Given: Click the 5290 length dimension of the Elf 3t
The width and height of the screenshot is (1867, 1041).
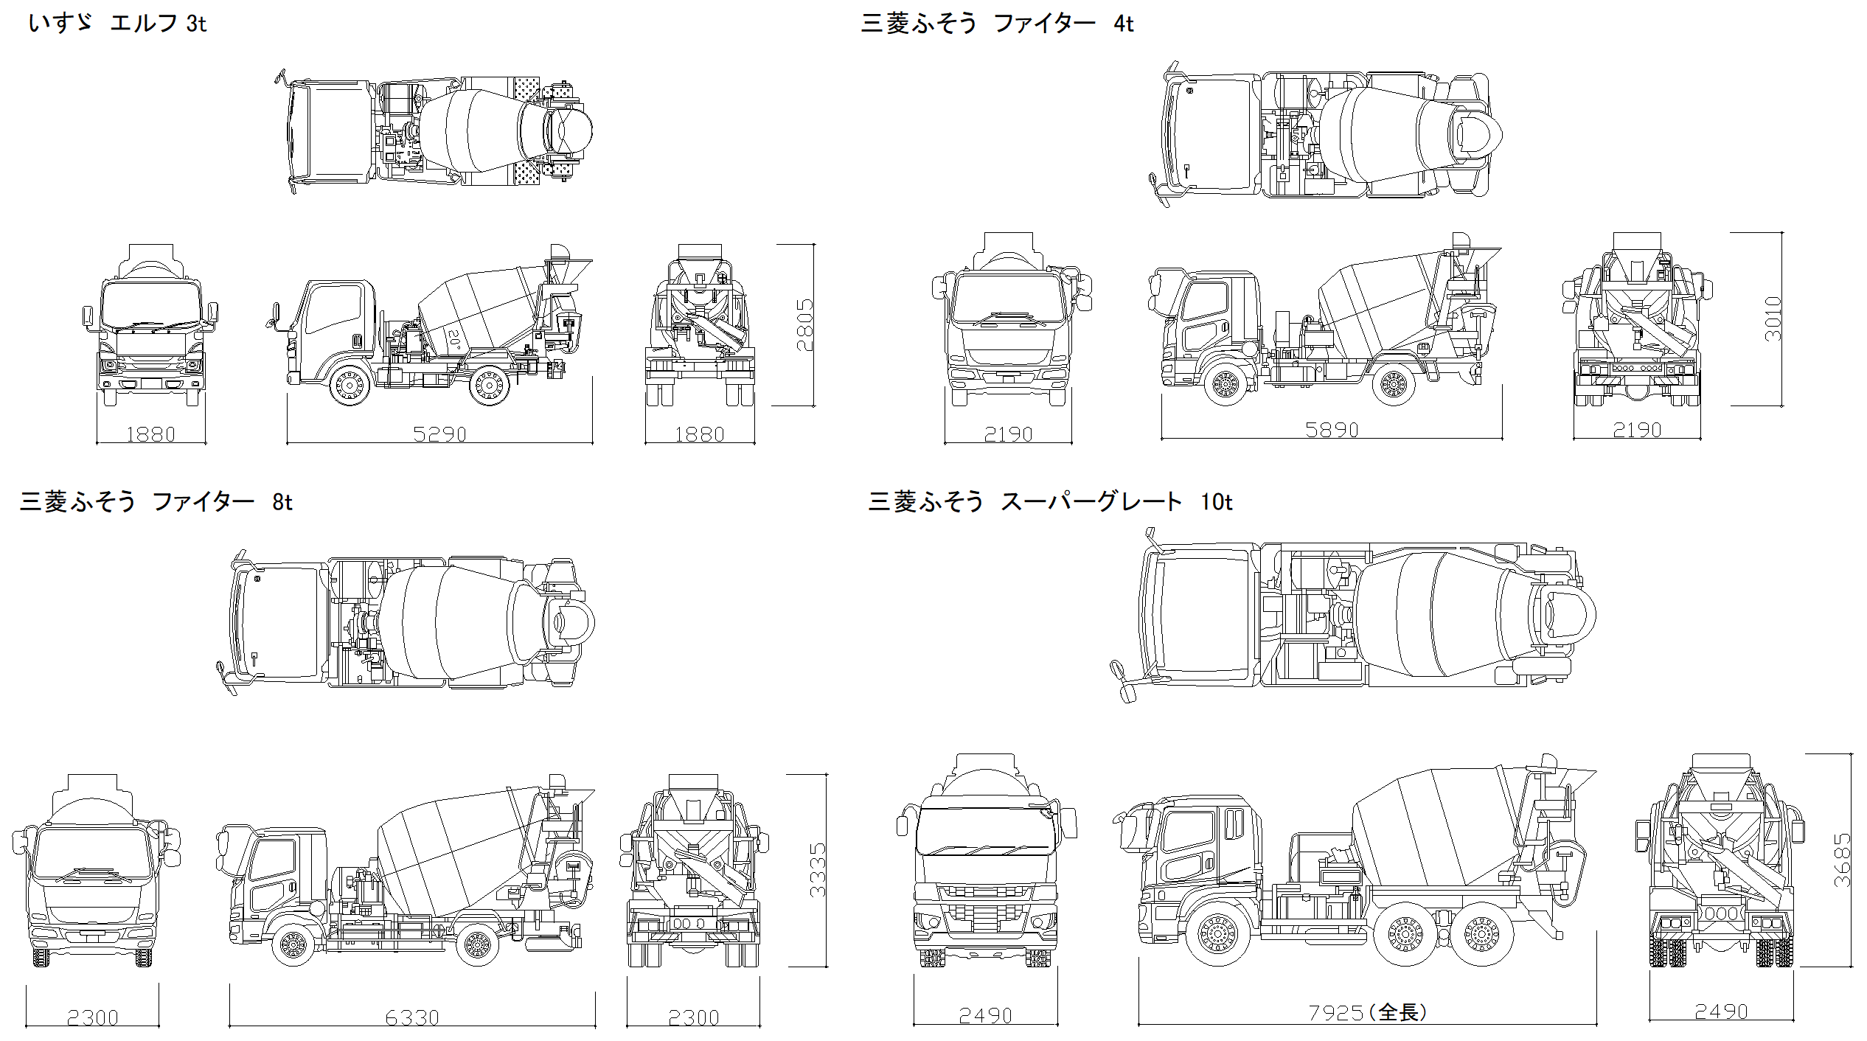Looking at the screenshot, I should [439, 434].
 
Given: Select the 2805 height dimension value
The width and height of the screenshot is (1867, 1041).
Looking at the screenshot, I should [804, 324].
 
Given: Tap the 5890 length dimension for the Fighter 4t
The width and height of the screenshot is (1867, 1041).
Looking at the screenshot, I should [1332, 430].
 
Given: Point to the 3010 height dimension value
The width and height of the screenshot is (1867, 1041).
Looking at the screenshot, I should [1773, 318].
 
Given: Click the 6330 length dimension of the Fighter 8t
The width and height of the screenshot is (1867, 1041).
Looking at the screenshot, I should [412, 1018].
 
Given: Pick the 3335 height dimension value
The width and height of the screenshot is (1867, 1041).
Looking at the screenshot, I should [817, 870].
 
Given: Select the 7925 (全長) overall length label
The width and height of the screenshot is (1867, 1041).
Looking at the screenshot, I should [1367, 1012].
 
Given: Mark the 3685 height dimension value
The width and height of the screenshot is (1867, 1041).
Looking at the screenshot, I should [1841, 860].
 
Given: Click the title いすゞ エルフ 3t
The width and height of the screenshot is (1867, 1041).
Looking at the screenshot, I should [117, 24].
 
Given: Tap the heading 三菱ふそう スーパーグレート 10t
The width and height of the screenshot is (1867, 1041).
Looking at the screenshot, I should [1050, 502].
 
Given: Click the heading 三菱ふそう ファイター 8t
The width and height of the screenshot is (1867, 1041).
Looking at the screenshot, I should [156, 502].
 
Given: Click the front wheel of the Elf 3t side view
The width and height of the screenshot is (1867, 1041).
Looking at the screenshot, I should [349, 384].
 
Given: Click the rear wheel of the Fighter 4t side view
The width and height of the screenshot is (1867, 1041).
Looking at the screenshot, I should [1394, 384].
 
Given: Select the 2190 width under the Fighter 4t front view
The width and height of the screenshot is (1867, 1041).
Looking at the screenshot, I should [1008, 434].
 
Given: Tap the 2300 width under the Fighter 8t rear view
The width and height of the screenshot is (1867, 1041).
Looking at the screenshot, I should [693, 1018].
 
